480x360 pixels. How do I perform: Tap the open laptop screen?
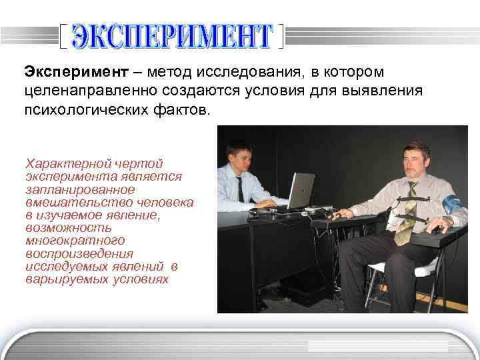(x=301, y=189)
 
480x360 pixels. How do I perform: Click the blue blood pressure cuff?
(x=453, y=204)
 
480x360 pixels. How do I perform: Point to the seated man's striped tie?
(x=407, y=213)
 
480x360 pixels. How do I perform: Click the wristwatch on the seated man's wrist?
(x=446, y=221)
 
